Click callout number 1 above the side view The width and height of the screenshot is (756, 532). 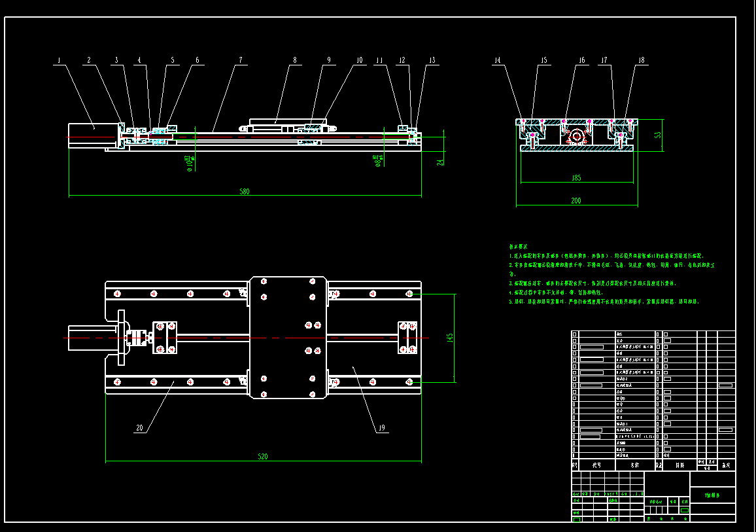59,60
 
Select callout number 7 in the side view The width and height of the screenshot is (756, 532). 240,60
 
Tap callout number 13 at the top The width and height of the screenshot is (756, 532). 432,60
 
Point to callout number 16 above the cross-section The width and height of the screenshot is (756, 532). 581,60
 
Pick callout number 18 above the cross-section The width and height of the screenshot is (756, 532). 641,60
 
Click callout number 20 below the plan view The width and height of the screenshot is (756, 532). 139,428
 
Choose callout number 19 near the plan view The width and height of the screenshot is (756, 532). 382,428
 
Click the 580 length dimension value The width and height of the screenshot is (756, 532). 244,192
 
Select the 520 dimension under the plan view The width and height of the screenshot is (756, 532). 263,456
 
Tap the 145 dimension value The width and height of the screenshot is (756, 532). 449,338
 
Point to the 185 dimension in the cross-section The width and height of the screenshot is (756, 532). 576,177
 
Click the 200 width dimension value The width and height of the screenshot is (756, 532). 576,201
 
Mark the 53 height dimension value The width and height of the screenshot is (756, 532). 658,135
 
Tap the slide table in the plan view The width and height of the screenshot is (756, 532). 288,338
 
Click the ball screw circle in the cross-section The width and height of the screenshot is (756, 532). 577,137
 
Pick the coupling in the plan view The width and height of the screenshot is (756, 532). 137,338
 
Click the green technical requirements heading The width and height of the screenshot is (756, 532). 521,245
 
